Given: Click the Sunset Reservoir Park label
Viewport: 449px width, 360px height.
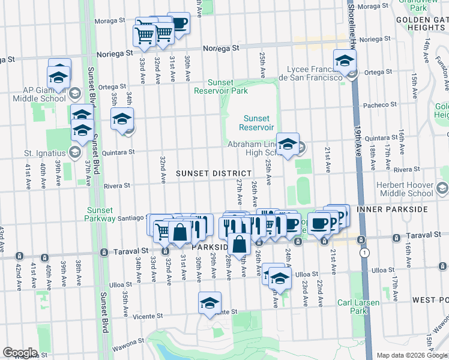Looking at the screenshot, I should point(220,86).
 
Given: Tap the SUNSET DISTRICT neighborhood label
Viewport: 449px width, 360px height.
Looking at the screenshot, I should point(214,173).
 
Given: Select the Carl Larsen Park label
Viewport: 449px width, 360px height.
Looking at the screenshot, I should point(359,307).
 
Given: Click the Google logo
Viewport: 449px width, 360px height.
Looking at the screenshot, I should point(20,353).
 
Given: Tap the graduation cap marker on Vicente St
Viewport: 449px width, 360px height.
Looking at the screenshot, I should point(209,303).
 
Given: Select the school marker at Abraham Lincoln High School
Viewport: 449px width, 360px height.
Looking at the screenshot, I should point(288,145).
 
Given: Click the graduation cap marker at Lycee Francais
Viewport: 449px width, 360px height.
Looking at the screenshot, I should point(345,61).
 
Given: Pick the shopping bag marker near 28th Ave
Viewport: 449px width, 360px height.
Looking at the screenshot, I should point(239,245).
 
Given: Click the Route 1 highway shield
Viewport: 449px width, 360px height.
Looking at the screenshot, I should point(364,253).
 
